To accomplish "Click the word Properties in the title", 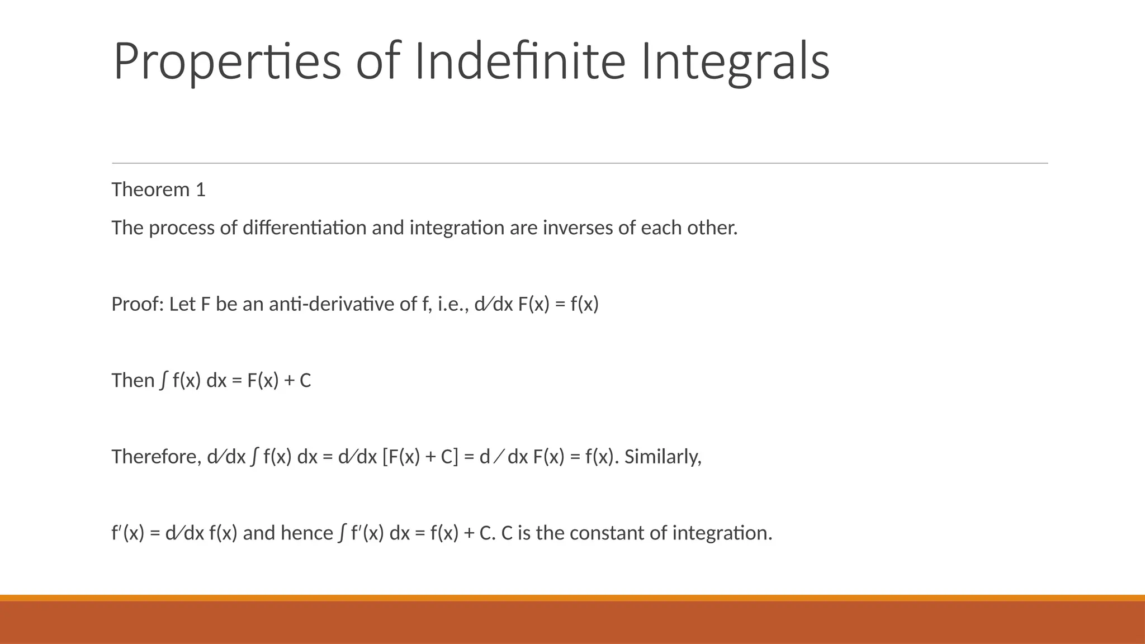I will point(227,61).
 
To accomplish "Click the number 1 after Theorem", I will point(200,190).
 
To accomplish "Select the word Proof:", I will point(138,305).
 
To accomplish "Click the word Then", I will point(133,381).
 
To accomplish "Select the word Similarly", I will point(663,457).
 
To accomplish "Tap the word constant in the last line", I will point(605,533).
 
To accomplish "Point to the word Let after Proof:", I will point(182,305).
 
